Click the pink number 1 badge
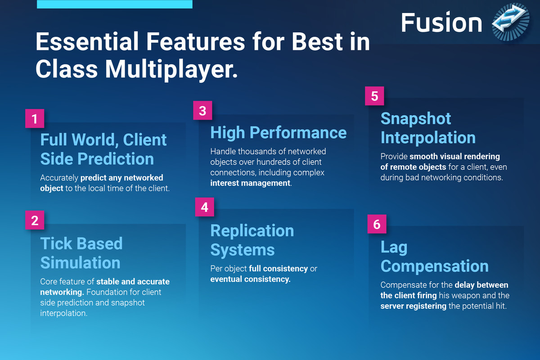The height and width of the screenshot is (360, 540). click(x=35, y=118)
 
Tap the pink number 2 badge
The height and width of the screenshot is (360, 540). click(x=35, y=220)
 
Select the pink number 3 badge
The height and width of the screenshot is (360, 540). click(x=202, y=110)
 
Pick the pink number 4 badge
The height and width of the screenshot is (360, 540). click(x=204, y=207)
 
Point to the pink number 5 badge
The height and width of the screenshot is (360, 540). click(x=374, y=96)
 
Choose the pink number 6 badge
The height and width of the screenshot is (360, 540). click(x=377, y=224)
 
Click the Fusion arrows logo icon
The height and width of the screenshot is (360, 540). click(x=511, y=22)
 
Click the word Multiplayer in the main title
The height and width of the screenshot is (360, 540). click(x=171, y=69)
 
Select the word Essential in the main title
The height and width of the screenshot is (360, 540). click(x=87, y=41)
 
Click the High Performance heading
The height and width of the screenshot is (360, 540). click(x=279, y=133)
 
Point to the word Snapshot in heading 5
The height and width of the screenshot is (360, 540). click(x=416, y=119)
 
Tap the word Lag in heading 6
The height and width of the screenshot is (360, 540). click(x=394, y=247)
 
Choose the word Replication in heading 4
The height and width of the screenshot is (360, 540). click(x=252, y=230)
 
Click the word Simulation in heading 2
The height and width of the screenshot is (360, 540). click(x=80, y=263)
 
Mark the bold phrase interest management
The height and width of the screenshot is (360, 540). click(x=250, y=183)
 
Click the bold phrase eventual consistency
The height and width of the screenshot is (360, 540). click(x=250, y=279)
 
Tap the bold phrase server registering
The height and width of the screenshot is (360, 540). click(x=414, y=306)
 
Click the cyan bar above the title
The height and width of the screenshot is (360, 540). click(x=115, y=4)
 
